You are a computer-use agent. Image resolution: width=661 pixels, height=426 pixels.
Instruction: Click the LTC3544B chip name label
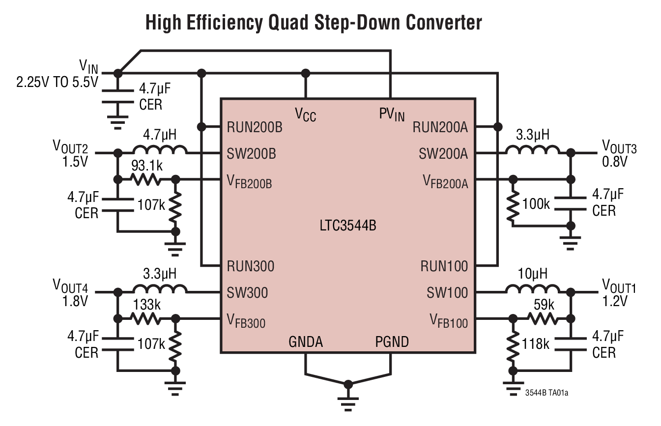click(347, 227)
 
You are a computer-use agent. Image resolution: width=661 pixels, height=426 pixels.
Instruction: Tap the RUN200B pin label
click(255, 127)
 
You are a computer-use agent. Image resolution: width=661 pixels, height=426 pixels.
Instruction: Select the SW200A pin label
click(443, 154)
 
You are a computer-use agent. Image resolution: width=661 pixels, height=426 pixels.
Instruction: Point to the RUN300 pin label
click(251, 266)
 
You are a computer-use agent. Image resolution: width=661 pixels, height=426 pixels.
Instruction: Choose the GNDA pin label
click(306, 341)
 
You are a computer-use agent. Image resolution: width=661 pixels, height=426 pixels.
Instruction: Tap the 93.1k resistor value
click(146, 167)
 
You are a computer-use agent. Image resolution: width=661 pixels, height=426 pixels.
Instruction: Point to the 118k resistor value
click(536, 344)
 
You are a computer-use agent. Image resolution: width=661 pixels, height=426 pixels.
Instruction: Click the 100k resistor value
click(536, 204)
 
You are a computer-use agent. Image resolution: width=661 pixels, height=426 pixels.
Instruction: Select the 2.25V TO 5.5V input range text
click(57, 82)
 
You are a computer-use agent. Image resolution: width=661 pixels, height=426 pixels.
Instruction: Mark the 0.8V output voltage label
click(615, 161)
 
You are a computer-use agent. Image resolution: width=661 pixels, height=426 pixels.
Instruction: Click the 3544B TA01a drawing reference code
click(549, 393)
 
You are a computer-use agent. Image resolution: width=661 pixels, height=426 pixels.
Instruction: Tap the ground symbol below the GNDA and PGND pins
click(348, 393)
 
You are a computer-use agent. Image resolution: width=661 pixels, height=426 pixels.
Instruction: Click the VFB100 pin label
click(449, 322)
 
